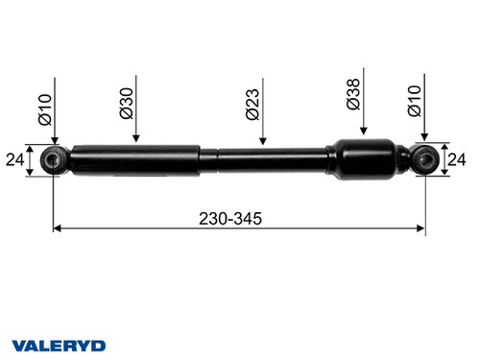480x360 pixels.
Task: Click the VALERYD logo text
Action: point(59,345)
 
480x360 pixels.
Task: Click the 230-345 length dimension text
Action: point(234,218)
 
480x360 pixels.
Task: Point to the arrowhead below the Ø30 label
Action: point(136,138)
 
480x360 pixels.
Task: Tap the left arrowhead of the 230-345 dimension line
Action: point(57,228)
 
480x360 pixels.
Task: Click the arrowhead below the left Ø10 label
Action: point(54,142)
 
